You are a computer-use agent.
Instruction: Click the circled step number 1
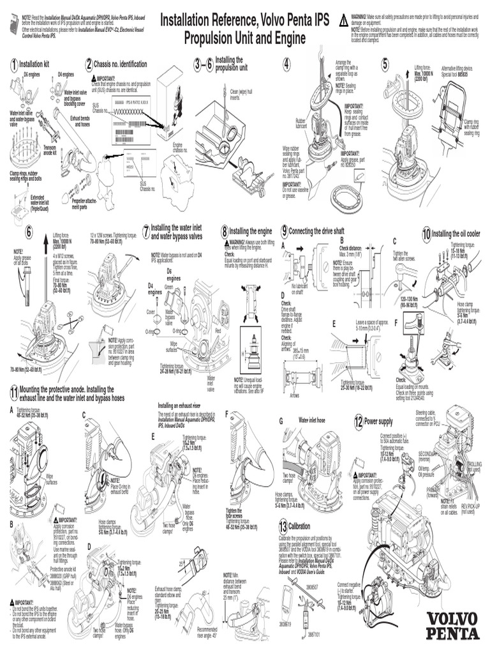coord(13,65)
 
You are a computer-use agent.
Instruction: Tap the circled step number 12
coord(359,422)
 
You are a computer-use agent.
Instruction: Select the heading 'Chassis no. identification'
coord(121,65)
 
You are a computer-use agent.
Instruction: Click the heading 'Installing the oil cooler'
coord(457,233)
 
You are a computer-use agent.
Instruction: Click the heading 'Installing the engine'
coord(251,230)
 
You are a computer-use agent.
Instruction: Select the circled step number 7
coord(146,230)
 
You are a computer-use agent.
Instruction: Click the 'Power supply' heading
coord(383,422)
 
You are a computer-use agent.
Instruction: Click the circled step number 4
coord(287,65)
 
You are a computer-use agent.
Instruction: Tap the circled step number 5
coord(385,65)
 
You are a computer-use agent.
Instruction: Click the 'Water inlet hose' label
coord(313,420)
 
